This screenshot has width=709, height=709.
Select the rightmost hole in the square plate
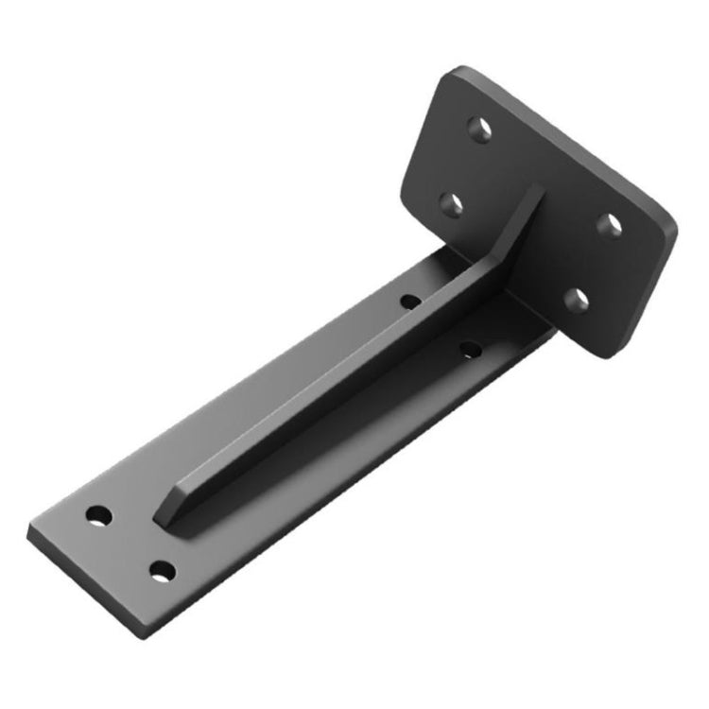point(612,224)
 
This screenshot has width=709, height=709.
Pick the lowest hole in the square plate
point(576,301)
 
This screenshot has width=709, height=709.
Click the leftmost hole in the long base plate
point(98,516)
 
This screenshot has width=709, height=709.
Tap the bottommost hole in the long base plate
point(163,572)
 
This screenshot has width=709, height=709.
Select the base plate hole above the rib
point(410,302)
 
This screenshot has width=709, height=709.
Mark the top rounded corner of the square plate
point(460,72)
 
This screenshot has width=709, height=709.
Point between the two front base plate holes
point(130,545)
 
